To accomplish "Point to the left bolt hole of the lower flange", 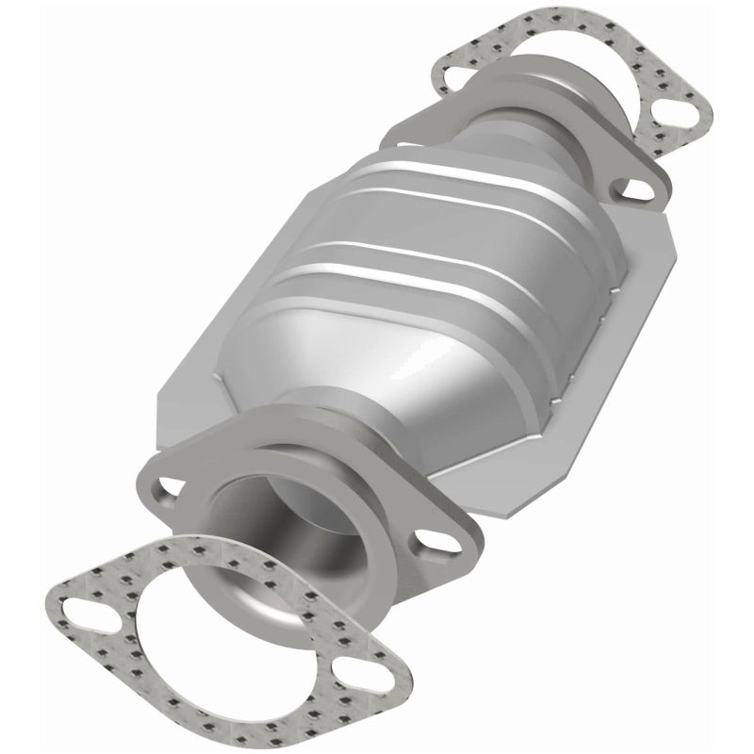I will point(170,487).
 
